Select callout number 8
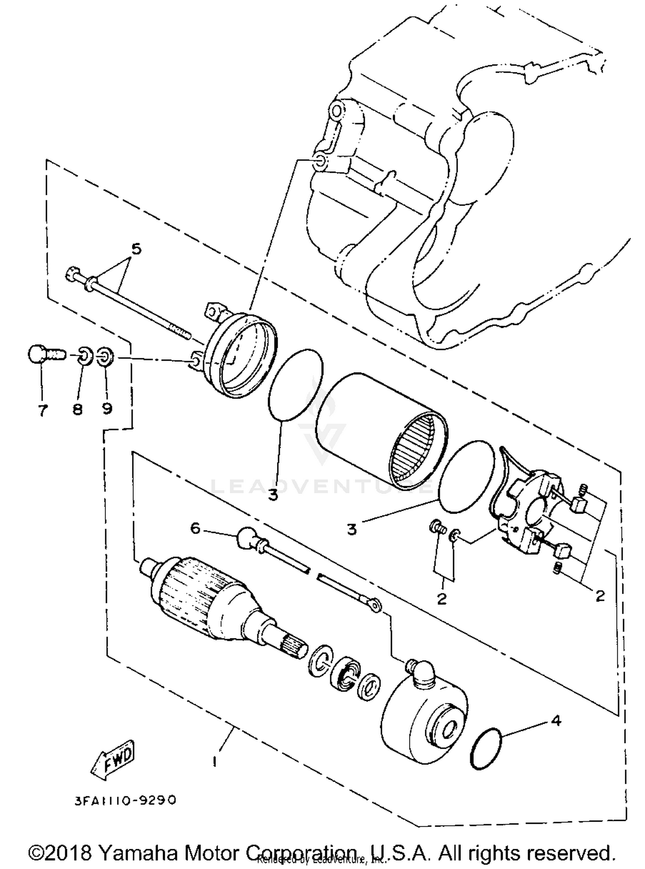coord(77,409)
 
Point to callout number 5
coord(136,249)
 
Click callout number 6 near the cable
coord(196,528)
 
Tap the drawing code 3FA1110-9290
coord(125,800)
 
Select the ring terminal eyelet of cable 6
coord(376,606)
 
